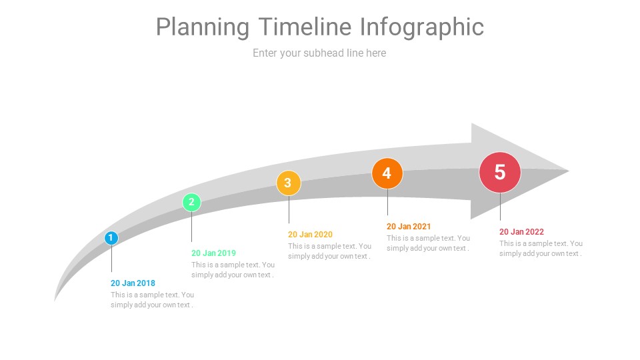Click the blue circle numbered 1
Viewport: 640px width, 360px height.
click(111, 238)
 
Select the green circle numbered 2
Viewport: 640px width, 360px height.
click(191, 203)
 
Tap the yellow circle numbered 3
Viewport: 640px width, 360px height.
click(289, 183)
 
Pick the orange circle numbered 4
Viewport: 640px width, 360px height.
click(387, 173)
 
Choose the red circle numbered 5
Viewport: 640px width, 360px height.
click(500, 172)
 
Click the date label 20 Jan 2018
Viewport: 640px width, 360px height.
click(133, 283)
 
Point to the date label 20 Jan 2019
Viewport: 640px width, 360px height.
click(213, 253)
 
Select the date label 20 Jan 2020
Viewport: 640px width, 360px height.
click(310, 234)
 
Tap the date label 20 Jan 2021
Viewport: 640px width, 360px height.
click(409, 227)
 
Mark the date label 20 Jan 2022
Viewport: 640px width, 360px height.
click(521, 232)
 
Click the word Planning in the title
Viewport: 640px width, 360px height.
click(203, 27)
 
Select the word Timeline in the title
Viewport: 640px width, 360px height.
click(305, 27)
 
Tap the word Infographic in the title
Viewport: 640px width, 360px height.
click(422, 27)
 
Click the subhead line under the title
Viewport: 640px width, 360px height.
click(319, 53)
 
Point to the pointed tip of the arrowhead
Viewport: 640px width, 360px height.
click(569, 171)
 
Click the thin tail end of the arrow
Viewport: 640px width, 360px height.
click(55, 301)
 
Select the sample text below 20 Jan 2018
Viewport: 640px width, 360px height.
click(152, 299)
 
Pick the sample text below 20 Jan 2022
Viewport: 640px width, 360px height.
click(541, 248)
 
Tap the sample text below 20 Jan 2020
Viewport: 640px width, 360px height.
click(330, 251)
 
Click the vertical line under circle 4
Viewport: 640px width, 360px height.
click(387, 202)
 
